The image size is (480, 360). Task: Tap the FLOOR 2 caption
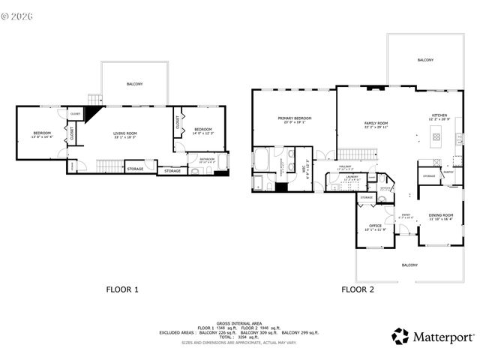[x=357, y=289]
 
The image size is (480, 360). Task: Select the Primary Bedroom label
[x=295, y=120]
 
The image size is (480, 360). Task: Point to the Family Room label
[x=376, y=124]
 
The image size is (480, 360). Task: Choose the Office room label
[x=375, y=227]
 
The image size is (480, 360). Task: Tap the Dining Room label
[x=440, y=217]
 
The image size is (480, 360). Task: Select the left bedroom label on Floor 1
[x=41, y=135]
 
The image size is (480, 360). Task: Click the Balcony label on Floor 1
[x=135, y=84]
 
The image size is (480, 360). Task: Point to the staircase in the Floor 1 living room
[x=110, y=164]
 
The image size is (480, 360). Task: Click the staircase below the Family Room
[x=363, y=154]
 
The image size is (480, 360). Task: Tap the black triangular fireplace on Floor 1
[x=91, y=114]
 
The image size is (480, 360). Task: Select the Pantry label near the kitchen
[x=448, y=172]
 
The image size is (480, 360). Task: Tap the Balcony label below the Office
[x=409, y=265]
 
